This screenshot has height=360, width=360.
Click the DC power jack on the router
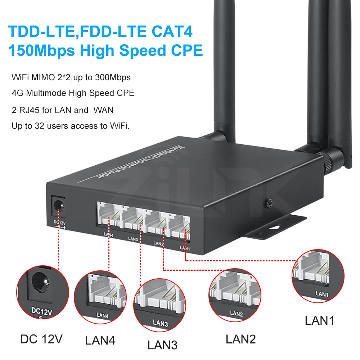tap(57, 206)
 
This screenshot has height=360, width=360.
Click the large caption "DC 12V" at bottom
tap(41, 339)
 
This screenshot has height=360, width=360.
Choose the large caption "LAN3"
tap(162, 345)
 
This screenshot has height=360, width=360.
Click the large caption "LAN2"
tap(240, 339)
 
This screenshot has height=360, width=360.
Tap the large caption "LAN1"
tap(319, 320)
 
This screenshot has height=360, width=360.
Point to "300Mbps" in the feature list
tap(112, 77)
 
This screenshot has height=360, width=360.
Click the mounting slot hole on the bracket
tap(274, 228)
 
